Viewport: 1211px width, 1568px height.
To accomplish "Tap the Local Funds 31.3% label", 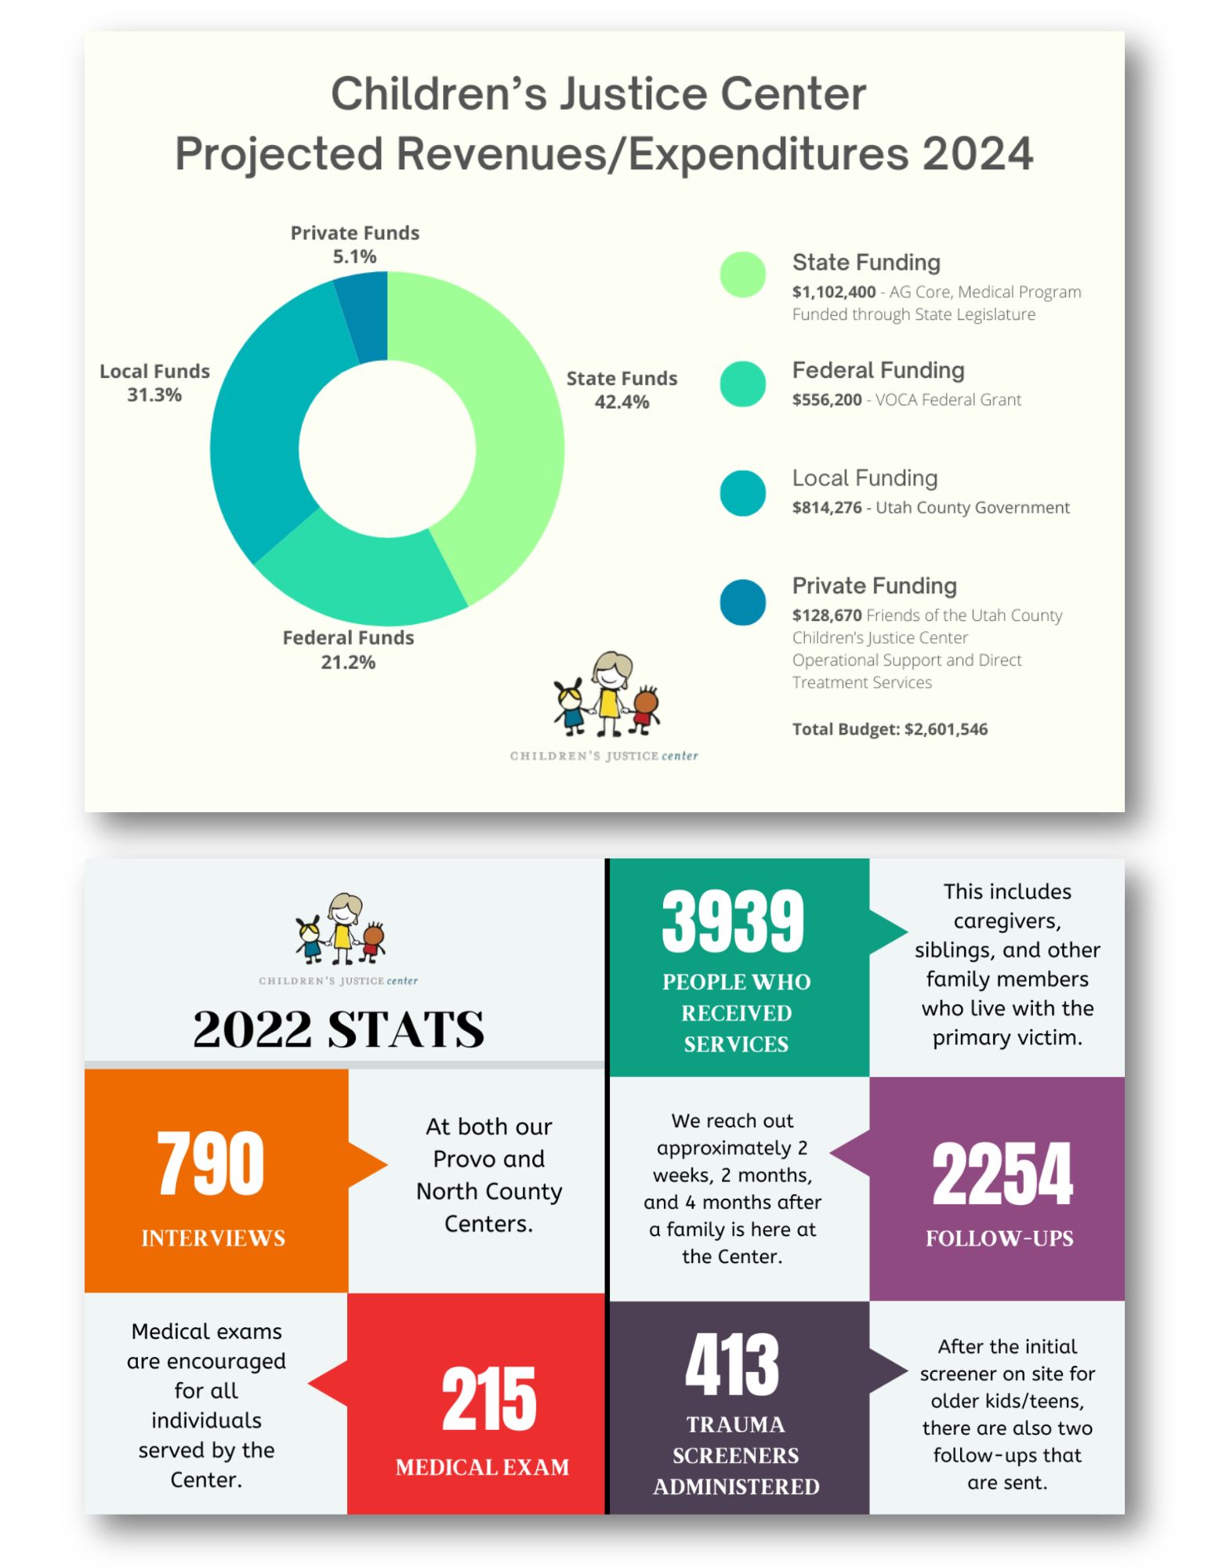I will click(154, 383).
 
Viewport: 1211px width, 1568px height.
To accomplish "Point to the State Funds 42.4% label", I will click(622, 390).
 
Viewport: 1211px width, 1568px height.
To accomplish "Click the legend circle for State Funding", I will click(742, 274).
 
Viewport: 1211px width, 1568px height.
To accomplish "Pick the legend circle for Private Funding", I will click(742, 601).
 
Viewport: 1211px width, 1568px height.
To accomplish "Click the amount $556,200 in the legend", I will click(826, 400).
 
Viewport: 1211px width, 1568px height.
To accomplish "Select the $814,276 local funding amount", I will click(826, 507).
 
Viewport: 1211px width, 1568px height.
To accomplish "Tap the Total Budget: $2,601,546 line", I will click(890, 729).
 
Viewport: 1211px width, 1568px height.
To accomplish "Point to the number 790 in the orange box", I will click(211, 1163).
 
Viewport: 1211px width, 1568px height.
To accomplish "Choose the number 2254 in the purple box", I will click(1002, 1174).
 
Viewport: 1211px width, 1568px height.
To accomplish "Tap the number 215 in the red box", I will click(489, 1399).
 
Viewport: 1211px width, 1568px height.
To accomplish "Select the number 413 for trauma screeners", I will click(732, 1366).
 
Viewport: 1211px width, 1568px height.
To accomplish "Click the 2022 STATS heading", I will click(339, 1029).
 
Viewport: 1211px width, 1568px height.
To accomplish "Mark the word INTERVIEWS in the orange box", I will click(213, 1238).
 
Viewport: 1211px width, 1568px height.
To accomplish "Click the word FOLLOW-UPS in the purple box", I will click(999, 1239).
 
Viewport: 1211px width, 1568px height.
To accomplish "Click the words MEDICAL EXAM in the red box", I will click(482, 1467).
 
